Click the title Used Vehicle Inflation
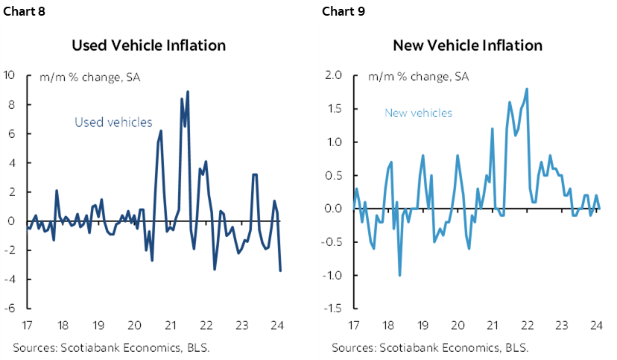click(x=148, y=45)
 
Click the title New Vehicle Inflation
click(x=467, y=45)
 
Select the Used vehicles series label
click(x=113, y=122)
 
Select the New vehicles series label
click(x=418, y=113)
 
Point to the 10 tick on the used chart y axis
click(x=10, y=75)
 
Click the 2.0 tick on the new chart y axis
click(x=333, y=75)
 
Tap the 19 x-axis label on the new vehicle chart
click(x=423, y=324)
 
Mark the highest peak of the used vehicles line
click(x=188, y=92)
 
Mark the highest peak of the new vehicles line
click(x=527, y=89)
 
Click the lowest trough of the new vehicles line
click(x=399, y=275)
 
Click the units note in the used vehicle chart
click(x=89, y=76)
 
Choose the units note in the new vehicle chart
click(x=418, y=76)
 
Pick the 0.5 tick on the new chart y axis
click(x=333, y=175)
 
